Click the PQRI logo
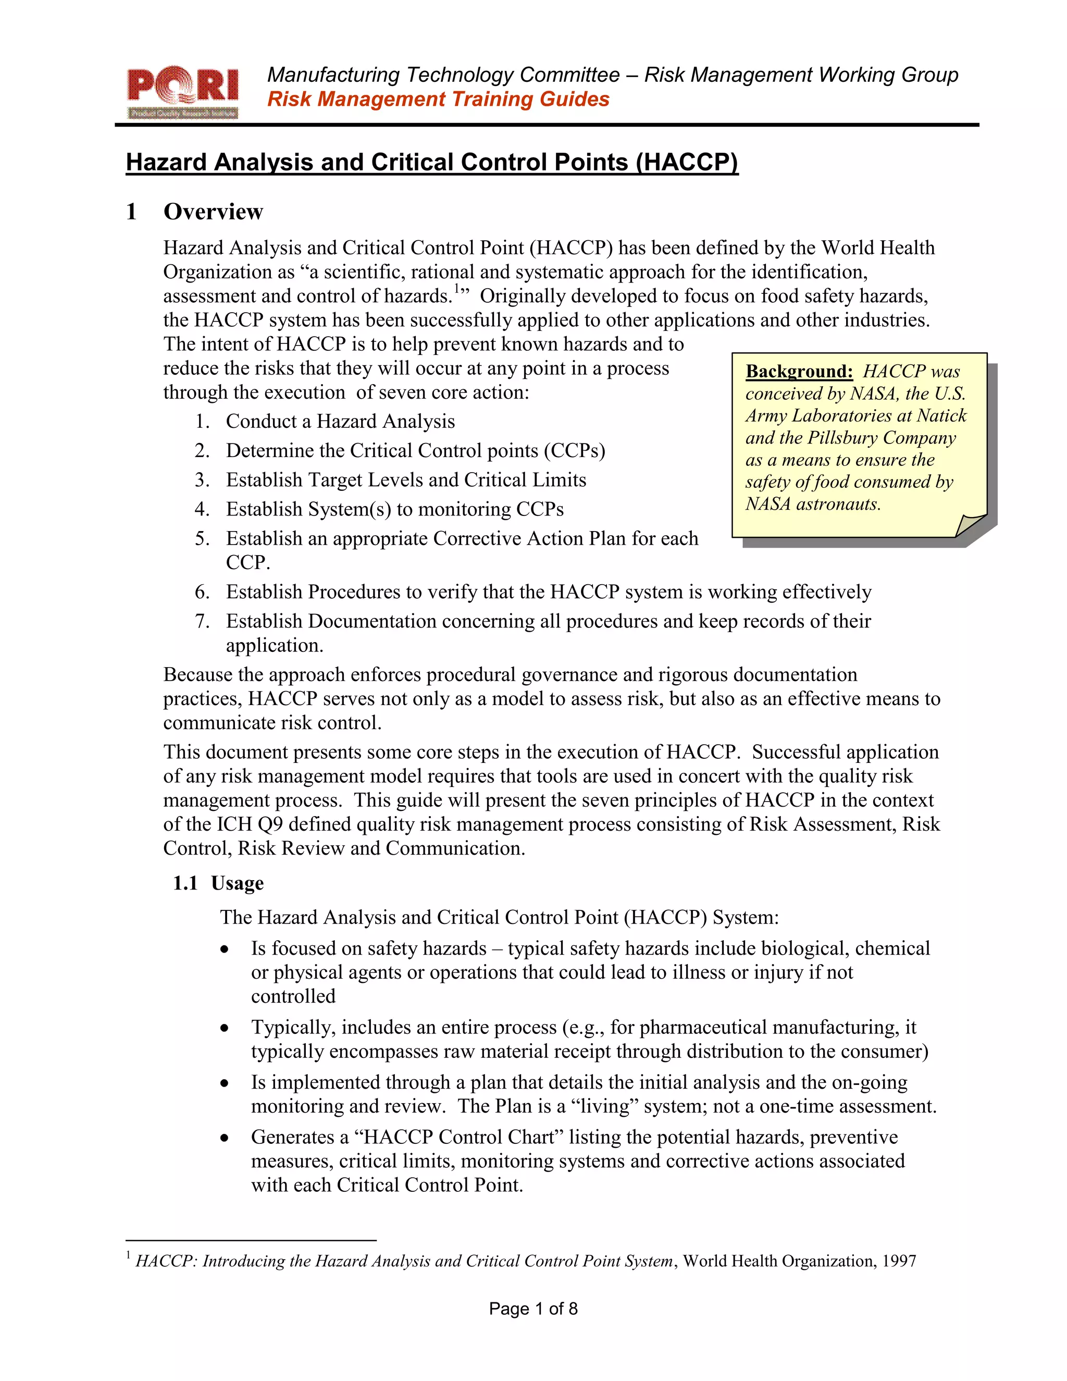[x=183, y=93]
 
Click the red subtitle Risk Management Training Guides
[x=438, y=99]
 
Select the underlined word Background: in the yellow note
[x=799, y=371]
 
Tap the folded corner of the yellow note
[x=970, y=524]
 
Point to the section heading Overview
[x=213, y=212]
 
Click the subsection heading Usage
[x=237, y=883]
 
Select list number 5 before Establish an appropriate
[x=202, y=539]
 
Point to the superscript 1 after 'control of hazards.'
[x=456, y=290]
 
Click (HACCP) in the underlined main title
[x=687, y=163]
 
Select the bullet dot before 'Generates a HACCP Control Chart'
[x=225, y=1138]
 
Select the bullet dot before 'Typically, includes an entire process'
[x=225, y=1028]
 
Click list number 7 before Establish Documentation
[x=202, y=622]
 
